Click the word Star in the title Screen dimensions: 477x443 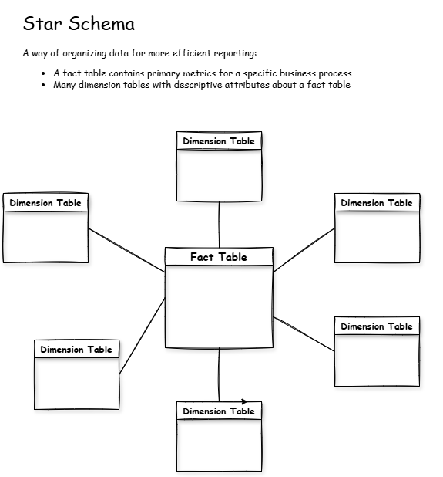tap(40, 24)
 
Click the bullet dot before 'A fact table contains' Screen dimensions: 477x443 tap(45, 74)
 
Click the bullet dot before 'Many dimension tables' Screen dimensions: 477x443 tap(45, 85)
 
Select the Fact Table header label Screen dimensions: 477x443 tap(219, 257)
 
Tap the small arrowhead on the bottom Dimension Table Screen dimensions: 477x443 tap(244, 401)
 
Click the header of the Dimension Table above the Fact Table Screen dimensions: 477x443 tap(219, 141)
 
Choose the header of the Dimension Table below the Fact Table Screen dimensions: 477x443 tap(219, 411)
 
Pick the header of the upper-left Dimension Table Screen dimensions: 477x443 tap(45, 203)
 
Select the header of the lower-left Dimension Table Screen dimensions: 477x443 tap(76, 350)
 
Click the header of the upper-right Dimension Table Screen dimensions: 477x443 tap(377, 203)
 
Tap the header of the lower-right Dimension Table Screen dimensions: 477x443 tap(377, 326)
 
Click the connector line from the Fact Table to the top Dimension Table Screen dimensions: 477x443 tap(220, 224)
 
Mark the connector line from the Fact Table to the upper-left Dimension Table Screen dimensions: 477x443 tap(127, 250)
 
